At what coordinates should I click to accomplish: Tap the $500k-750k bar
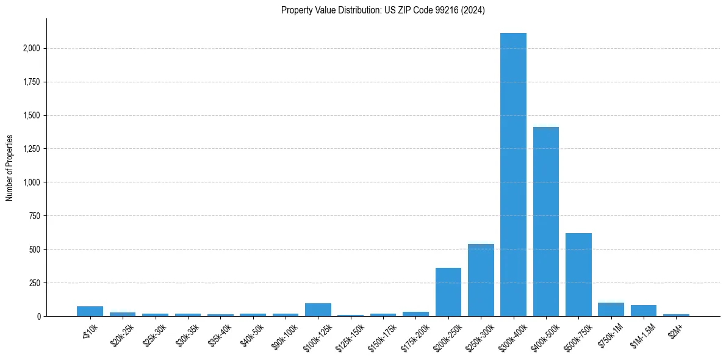[x=578, y=275]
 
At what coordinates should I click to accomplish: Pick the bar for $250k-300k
[x=481, y=280]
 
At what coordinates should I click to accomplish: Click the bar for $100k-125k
[x=318, y=309]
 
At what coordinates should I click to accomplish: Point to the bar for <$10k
[x=90, y=311]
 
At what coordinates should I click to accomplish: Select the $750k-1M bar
[x=611, y=309]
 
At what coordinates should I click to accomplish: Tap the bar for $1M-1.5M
[x=644, y=311]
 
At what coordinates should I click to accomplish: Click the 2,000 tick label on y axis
[x=32, y=48]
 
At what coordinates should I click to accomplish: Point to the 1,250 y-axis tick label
[x=32, y=149]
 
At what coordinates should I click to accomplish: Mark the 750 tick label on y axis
[x=35, y=216]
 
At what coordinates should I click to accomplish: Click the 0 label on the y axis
[x=39, y=316]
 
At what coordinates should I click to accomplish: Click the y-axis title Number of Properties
[x=9, y=167]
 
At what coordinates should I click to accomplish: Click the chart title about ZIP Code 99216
[x=383, y=10]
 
